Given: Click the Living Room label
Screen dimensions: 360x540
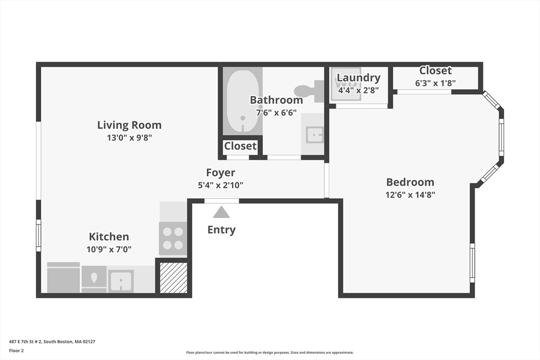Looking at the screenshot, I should [x=129, y=125].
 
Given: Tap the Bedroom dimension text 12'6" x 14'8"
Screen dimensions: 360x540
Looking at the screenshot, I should [x=410, y=194].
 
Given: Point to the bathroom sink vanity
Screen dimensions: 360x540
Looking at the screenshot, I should [x=313, y=135].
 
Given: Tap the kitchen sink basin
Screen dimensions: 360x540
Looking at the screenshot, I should [x=121, y=280].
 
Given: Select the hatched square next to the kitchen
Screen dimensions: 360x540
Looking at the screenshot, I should [x=173, y=277].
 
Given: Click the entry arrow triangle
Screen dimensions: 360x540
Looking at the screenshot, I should [x=221, y=212].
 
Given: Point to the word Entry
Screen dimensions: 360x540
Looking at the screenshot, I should [x=221, y=230].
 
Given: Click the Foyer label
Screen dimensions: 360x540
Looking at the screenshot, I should [x=220, y=172].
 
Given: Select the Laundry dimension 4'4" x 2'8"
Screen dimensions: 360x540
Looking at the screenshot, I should [x=358, y=90].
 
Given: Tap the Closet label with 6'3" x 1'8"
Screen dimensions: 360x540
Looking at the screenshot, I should [x=435, y=70].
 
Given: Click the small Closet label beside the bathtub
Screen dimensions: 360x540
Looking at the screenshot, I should [x=240, y=146].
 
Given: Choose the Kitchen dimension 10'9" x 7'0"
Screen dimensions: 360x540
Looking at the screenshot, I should [x=109, y=249].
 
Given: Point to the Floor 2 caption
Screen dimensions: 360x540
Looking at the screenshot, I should [x=16, y=351].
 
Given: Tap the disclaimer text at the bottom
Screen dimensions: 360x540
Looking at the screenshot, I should [x=269, y=353].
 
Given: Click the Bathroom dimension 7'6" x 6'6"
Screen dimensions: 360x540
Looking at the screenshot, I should [x=276, y=112].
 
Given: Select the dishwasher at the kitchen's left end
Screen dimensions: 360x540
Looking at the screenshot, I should [x=63, y=278].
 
